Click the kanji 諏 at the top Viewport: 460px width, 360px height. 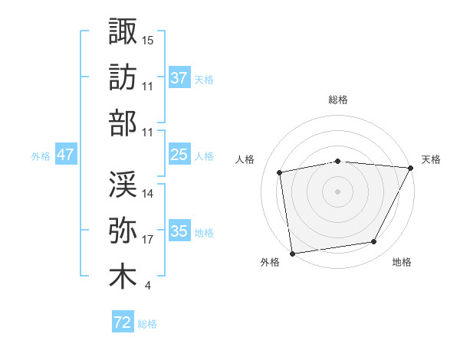pyautogui.click(x=123, y=31)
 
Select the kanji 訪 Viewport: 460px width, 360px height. pyautogui.click(x=123, y=77)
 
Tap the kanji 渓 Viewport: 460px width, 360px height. pyautogui.click(x=123, y=184)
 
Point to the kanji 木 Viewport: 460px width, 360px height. pyautogui.click(x=123, y=277)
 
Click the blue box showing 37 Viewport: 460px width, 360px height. pyautogui.click(x=179, y=78)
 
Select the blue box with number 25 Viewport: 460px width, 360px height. pyautogui.click(x=179, y=155)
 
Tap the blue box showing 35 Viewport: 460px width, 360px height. pyautogui.click(x=179, y=231)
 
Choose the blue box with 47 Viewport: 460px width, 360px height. pyautogui.click(x=65, y=155)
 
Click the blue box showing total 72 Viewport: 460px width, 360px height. pyautogui.click(x=123, y=322)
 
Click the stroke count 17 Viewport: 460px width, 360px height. pyautogui.click(x=149, y=240)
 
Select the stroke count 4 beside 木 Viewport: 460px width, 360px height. pyautogui.click(x=146, y=286)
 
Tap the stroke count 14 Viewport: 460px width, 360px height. pyautogui.click(x=149, y=194)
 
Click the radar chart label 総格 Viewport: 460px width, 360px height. pyautogui.click(x=338, y=100)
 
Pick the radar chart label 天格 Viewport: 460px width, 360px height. pyautogui.click(x=431, y=159)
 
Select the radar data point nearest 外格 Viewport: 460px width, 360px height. pyautogui.click(x=292, y=253)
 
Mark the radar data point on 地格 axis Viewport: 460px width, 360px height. pyautogui.click(x=374, y=242)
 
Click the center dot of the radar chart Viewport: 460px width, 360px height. pyautogui.click(x=338, y=191)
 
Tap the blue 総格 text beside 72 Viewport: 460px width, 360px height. pyautogui.click(x=147, y=324)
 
